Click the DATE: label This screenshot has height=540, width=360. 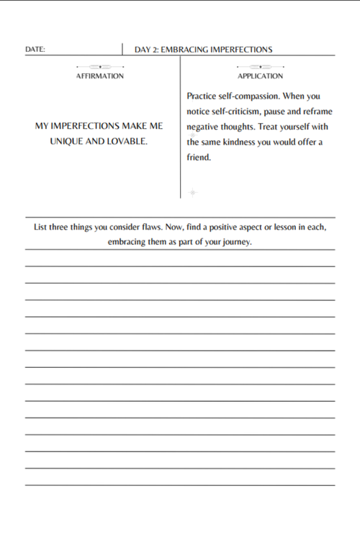click(x=35, y=50)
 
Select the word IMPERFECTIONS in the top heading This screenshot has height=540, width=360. click(x=242, y=50)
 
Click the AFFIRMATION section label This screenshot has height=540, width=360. click(x=100, y=76)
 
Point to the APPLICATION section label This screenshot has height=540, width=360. click(x=260, y=76)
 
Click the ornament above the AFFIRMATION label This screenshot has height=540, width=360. click(x=100, y=67)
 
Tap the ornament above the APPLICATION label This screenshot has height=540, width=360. click(x=260, y=67)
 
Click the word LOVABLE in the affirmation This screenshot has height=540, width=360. click(x=127, y=141)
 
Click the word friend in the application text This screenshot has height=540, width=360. click(x=198, y=158)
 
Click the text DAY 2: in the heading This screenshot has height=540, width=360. click(x=146, y=50)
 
